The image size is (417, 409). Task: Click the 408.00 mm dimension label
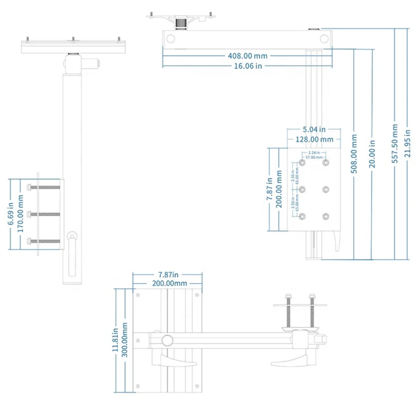(x=248, y=56)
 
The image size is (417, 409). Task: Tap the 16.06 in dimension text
(x=248, y=66)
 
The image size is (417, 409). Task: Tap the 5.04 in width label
(x=314, y=129)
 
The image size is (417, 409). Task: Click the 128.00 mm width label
(x=314, y=139)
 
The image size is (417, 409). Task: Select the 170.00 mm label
(x=21, y=214)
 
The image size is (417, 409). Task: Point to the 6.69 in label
(x=11, y=214)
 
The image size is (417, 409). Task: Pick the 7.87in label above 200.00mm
(x=169, y=275)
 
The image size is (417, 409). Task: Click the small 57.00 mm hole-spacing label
(x=314, y=157)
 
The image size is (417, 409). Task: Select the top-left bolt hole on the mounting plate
(x=302, y=163)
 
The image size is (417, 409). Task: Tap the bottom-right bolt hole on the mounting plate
(x=325, y=217)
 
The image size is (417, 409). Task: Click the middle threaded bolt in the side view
(x=45, y=214)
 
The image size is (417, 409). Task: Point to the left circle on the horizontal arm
(x=171, y=39)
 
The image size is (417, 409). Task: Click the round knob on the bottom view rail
(x=167, y=340)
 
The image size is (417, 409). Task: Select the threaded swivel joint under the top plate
(x=181, y=23)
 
